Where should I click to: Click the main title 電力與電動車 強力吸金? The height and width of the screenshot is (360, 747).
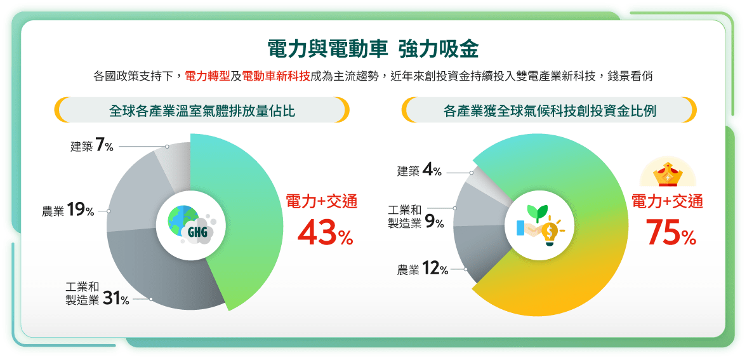[373, 49]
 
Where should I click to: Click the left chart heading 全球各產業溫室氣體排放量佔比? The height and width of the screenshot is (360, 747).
[202, 111]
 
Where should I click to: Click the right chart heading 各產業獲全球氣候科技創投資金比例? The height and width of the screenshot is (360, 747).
[550, 111]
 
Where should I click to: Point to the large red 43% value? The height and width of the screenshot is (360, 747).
[326, 232]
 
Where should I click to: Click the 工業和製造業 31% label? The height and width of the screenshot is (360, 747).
[97, 294]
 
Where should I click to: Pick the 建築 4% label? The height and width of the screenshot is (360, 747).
[420, 171]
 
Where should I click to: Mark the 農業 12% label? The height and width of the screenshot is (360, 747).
[423, 270]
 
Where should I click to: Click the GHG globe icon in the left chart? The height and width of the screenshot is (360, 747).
[190, 225]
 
